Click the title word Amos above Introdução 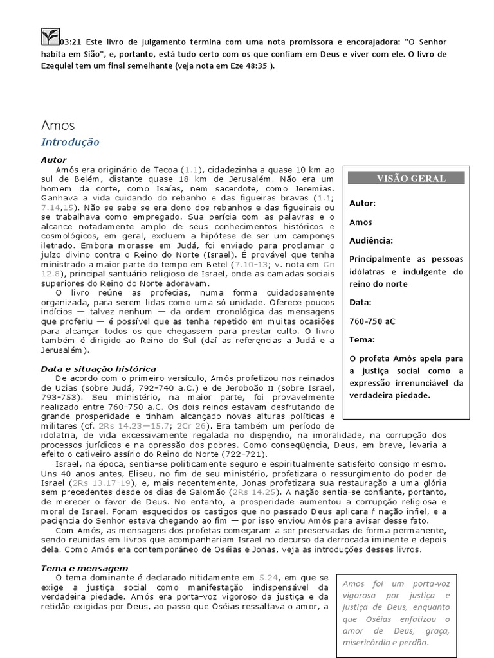[x=58, y=125]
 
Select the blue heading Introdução [x=70, y=142]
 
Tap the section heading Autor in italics [x=53, y=159]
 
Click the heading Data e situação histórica [x=98, y=369]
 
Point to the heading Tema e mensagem [x=84, y=568]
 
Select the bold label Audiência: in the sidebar [x=371, y=240]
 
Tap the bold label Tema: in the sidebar [x=361, y=339]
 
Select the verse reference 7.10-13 [x=254, y=264]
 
